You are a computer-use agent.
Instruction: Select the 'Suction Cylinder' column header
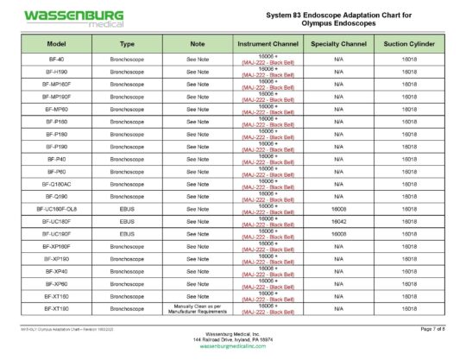409,42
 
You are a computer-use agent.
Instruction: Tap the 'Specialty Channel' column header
338,42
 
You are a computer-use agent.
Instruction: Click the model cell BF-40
56,58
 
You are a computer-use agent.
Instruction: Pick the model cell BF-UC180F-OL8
56,209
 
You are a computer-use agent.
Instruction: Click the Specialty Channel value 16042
338,222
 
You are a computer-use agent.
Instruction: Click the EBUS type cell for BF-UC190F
127,234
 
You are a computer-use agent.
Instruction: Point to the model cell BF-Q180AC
56,184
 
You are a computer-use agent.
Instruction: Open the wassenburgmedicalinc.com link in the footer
232,345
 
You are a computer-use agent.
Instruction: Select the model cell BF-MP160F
56,84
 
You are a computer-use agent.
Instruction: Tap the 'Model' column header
56,42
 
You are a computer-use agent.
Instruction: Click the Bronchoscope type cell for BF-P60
127,171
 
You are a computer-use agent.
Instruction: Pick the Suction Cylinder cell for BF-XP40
409,271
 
